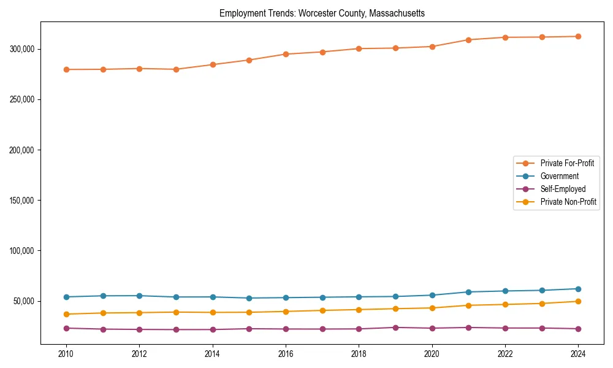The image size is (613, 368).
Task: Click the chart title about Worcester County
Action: [322, 13]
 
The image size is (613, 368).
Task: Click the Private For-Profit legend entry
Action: [566, 163]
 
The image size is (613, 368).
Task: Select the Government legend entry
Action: [559, 176]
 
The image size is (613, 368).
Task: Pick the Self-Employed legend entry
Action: [563, 189]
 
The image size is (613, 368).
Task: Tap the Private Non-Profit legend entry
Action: [568, 202]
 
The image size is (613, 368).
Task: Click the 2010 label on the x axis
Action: [66, 354]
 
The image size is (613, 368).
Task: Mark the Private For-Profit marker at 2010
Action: [66, 69]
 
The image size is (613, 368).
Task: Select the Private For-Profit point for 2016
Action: [286, 54]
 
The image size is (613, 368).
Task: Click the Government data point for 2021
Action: [468, 292]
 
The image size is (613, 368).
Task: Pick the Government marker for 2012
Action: [139, 296]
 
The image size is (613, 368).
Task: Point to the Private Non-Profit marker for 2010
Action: [66, 314]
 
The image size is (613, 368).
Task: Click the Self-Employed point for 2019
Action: [395, 328]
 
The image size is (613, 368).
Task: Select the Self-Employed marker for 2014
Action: [213, 329]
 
